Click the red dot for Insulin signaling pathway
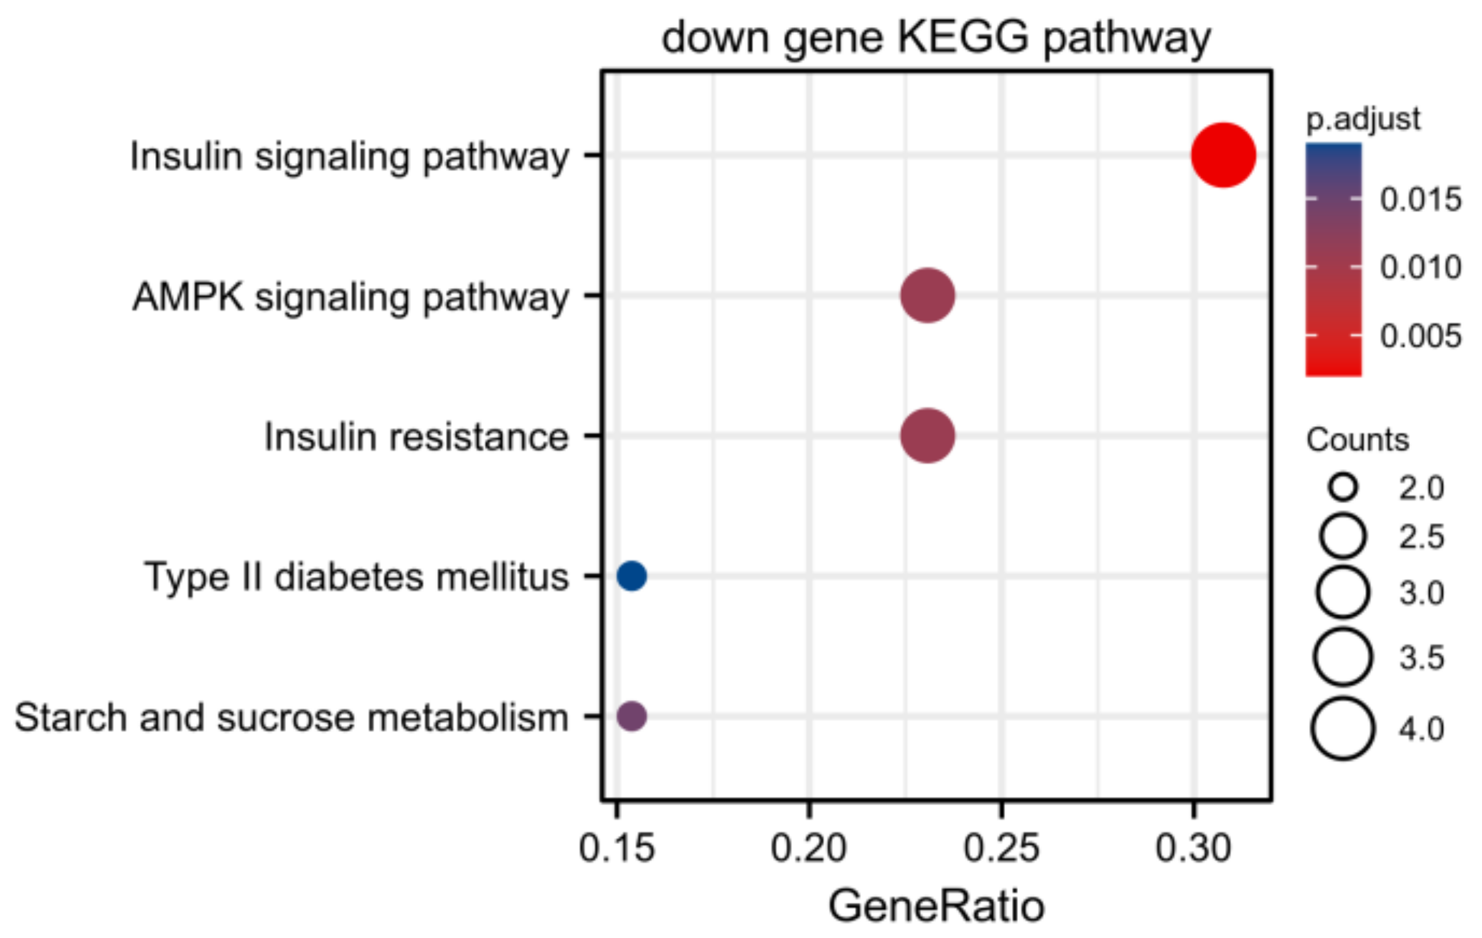click(x=1223, y=155)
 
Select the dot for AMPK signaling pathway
click(x=927, y=296)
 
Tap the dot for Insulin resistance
click(x=927, y=436)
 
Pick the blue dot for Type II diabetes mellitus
click(x=632, y=576)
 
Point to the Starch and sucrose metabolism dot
click(x=632, y=716)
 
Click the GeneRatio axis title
click(x=936, y=906)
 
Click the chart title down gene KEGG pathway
click(x=936, y=38)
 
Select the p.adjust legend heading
click(x=1363, y=118)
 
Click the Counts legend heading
click(x=1357, y=440)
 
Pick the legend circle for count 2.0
click(x=1343, y=488)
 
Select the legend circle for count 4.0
click(x=1343, y=729)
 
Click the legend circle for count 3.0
click(x=1343, y=592)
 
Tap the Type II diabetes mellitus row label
click(x=357, y=577)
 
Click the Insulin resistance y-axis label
click(x=416, y=437)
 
